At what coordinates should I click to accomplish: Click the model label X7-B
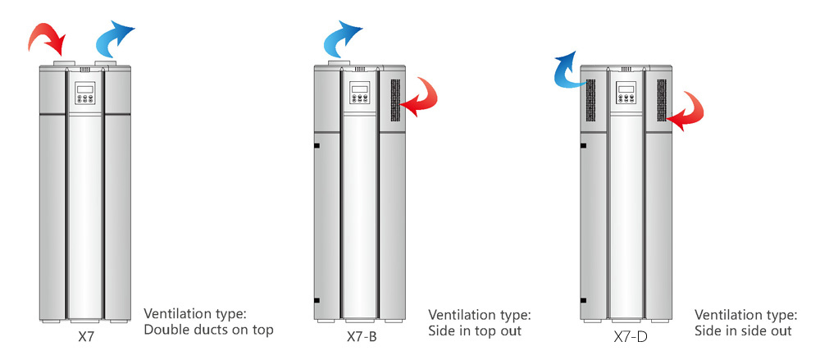pos(362,337)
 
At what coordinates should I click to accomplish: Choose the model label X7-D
pos(629,337)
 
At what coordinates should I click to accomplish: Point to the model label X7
pos(86,335)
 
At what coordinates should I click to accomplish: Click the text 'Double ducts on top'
pos(208,330)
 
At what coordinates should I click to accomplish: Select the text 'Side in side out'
pos(743,330)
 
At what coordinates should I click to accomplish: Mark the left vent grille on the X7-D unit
pos(590,99)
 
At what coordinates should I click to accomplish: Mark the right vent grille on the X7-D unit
pos(660,101)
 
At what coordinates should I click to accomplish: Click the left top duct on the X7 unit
pos(64,62)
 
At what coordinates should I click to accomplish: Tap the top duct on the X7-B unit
pos(339,62)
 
